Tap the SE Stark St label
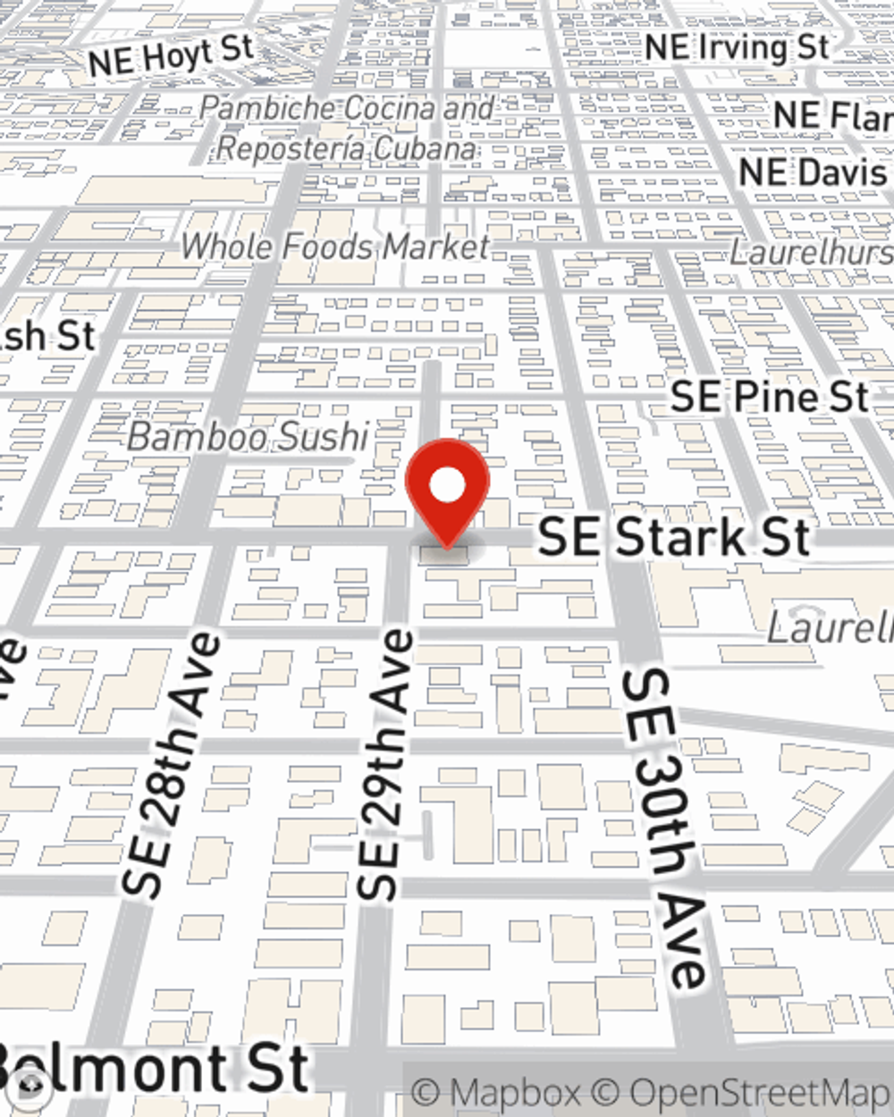point(674,537)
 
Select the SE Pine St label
point(769,397)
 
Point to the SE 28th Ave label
point(170,765)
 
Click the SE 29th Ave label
point(385,765)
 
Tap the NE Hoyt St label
point(171,56)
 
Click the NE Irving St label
point(737,47)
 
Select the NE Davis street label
point(814,172)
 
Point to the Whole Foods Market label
point(336,246)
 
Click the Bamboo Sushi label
point(248,437)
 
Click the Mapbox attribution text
point(497,1093)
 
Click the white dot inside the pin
point(447,486)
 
